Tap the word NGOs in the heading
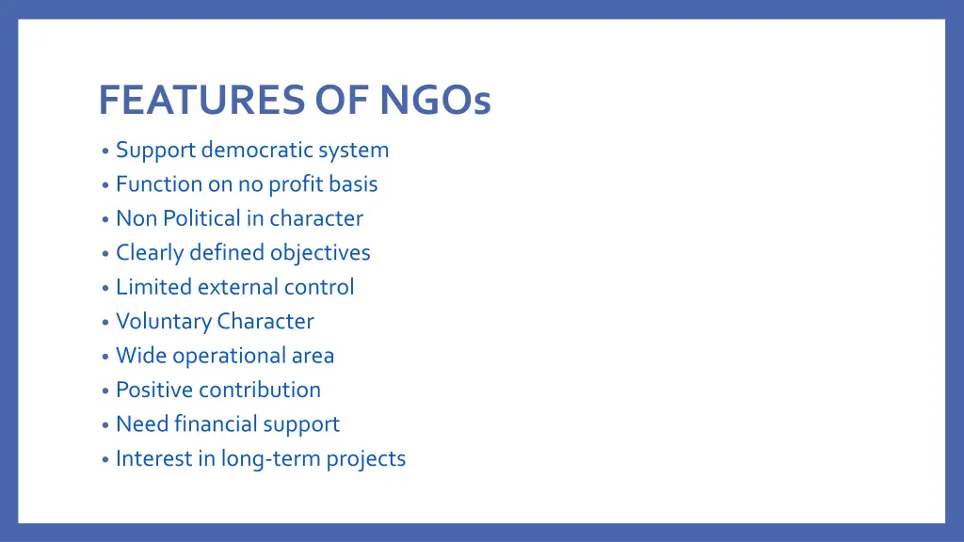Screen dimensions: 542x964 point(436,100)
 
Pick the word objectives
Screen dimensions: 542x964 point(320,253)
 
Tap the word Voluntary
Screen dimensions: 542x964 point(163,322)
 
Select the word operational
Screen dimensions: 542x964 point(229,356)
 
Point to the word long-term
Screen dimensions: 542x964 point(271,459)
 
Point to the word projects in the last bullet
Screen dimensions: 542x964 point(366,459)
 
